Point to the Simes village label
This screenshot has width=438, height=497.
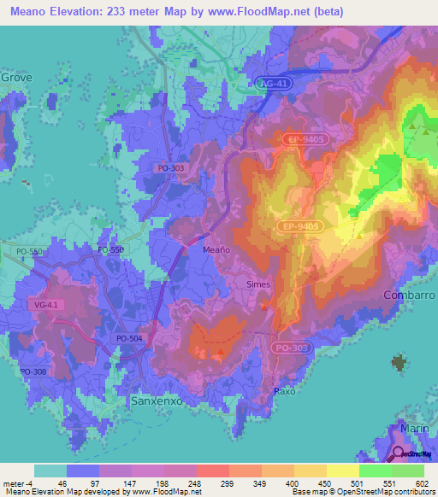coord(257,284)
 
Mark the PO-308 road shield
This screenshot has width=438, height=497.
coord(33,371)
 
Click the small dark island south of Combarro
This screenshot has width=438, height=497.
coord(399,363)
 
